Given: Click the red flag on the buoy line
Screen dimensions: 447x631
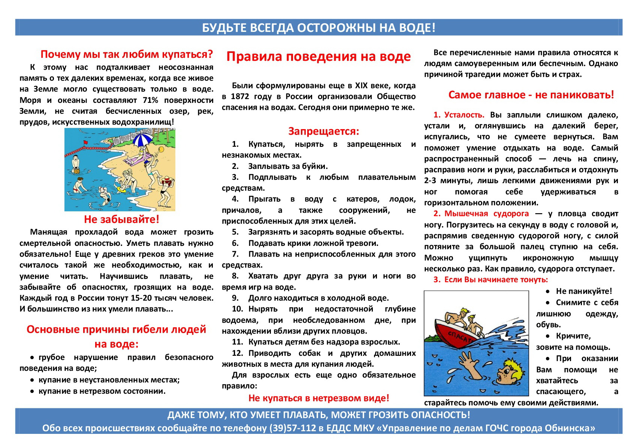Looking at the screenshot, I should pyautogui.click(x=85, y=143).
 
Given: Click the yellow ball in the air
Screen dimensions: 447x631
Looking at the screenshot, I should pyautogui.click(x=162, y=149).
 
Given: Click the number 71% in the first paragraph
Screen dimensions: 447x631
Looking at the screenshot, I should pyautogui.click(x=150, y=100).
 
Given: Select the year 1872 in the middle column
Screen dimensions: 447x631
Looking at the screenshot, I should pyautogui.click(x=240, y=96).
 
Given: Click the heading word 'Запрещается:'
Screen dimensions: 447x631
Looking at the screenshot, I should pyautogui.click(x=323, y=131).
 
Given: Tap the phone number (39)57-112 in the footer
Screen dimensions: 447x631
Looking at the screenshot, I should pyautogui.click(x=293, y=428).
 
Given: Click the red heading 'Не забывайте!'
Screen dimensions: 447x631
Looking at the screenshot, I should pyautogui.click(x=121, y=219).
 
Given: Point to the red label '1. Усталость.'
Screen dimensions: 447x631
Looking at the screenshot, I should pyautogui.click(x=459, y=115).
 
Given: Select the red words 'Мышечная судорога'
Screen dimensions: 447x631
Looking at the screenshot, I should pyautogui.click(x=486, y=214).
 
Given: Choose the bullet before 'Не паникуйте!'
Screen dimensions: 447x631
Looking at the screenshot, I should pyautogui.click(x=548, y=291).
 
